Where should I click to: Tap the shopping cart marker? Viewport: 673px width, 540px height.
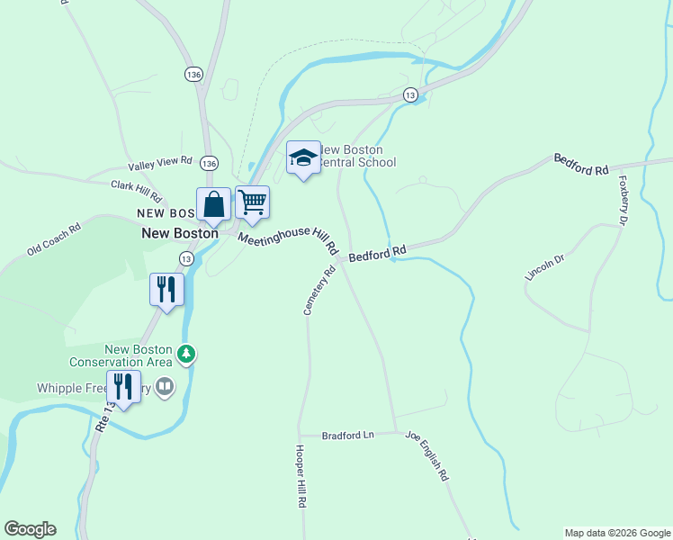click(252, 202)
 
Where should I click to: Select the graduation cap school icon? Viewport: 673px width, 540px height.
click(303, 158)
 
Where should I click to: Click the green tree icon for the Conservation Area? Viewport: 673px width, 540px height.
click(186, 355)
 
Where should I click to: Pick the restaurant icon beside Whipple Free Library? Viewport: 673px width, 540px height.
click(123, 387)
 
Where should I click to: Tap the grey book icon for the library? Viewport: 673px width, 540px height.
click(165, 388)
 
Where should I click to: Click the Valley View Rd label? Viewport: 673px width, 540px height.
click(161, 163)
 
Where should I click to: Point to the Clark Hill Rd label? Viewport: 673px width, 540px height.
click(136, 190)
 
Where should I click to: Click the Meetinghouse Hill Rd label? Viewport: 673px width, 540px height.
click(287, 238)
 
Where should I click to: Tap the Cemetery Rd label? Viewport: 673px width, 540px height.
click(319, 289)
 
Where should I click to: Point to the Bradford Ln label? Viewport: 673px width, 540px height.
click(348, 435)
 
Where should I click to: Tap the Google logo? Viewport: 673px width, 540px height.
click(30, 529)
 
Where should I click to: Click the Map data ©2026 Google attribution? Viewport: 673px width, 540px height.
click(617, 533)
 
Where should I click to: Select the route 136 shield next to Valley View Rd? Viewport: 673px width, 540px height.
click(210, 163)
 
